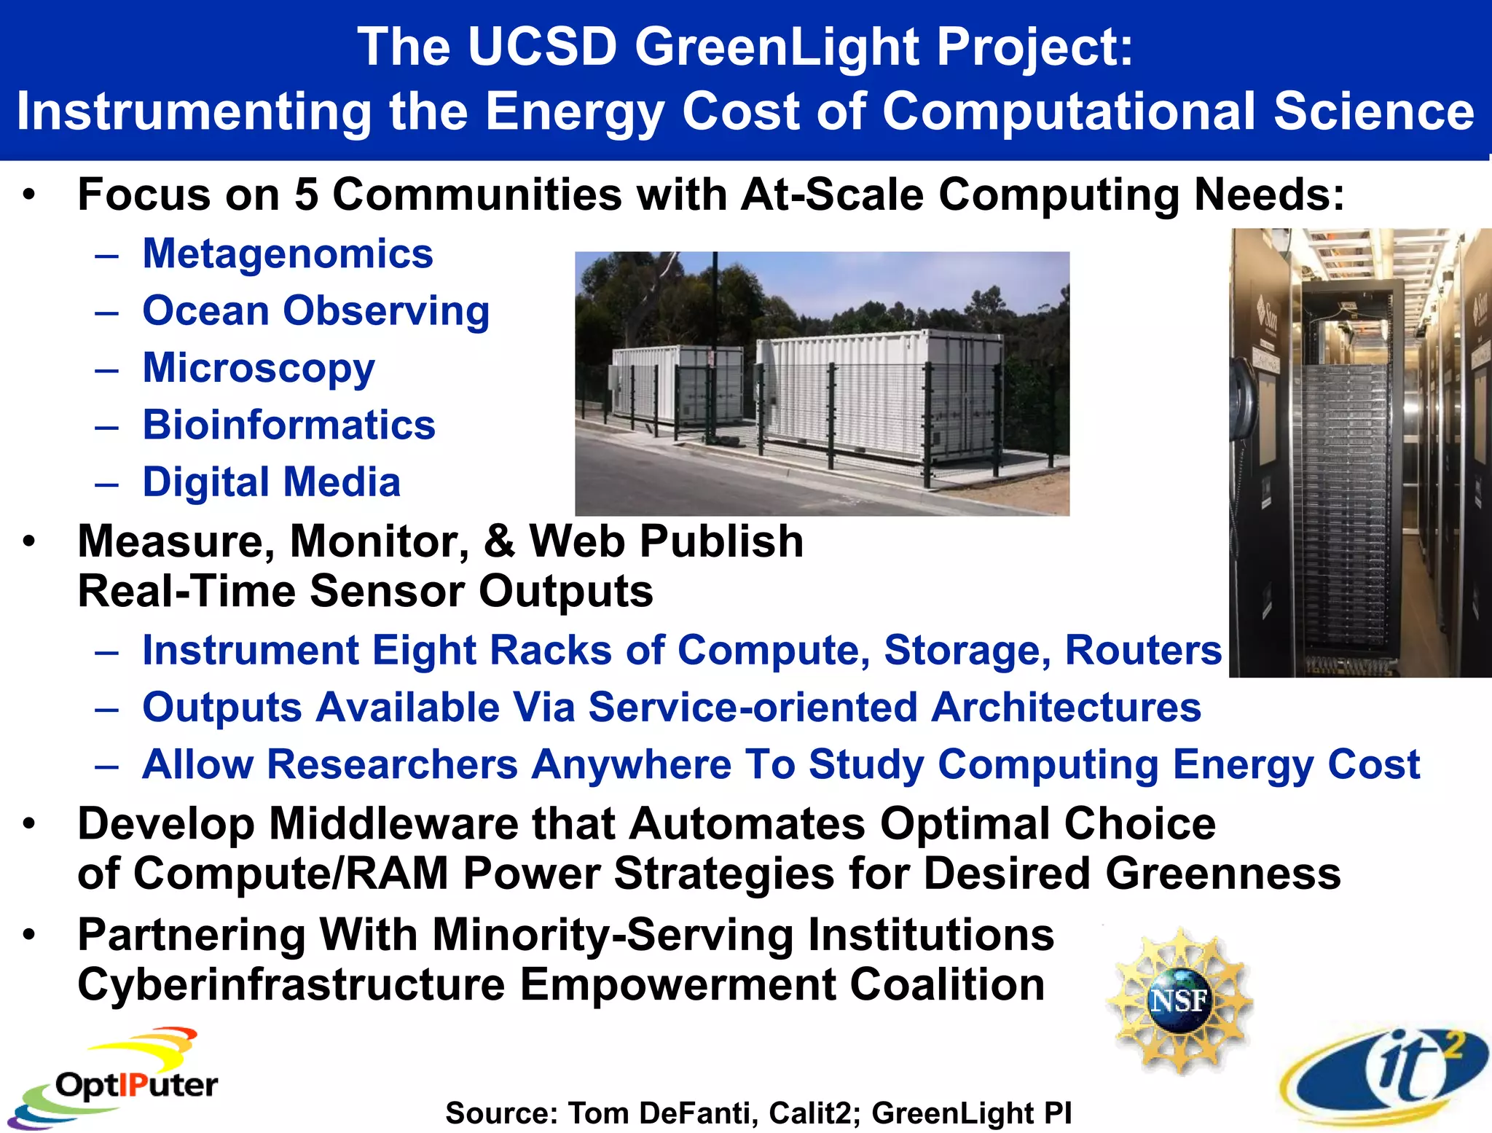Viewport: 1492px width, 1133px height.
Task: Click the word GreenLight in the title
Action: pos(777,48)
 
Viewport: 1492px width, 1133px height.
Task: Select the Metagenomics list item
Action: pos(288,254)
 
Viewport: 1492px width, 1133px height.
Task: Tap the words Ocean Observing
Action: pos(315,312)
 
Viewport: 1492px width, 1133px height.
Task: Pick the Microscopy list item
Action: pos(259,368)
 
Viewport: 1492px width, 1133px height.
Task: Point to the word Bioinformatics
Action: pos(288,425)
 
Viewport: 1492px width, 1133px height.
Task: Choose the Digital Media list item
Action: pos(271,482)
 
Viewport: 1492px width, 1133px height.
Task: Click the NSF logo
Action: pos(1179,1000)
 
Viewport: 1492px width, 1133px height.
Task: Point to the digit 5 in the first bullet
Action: pos(306,195)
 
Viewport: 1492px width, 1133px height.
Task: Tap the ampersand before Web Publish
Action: pos(499,542)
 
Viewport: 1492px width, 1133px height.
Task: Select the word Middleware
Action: pos(393,825)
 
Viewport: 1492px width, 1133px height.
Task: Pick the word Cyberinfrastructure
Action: pos(291,985)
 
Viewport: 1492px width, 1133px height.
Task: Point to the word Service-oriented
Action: pos(752,707)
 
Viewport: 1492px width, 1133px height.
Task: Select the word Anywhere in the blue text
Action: pos(631,765)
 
